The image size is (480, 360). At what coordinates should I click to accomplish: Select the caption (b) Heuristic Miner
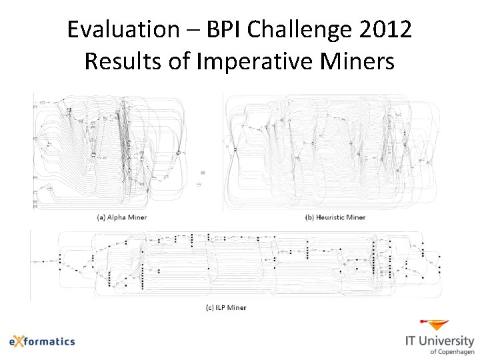coord(335,217)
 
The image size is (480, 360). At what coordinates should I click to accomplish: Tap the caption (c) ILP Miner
coord(225,307)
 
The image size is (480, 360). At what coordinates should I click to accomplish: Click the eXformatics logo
coord(42,341)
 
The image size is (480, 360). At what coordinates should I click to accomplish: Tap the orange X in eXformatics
coord(22,341)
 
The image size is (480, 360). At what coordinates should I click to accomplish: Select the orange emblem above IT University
coord(438,325)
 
